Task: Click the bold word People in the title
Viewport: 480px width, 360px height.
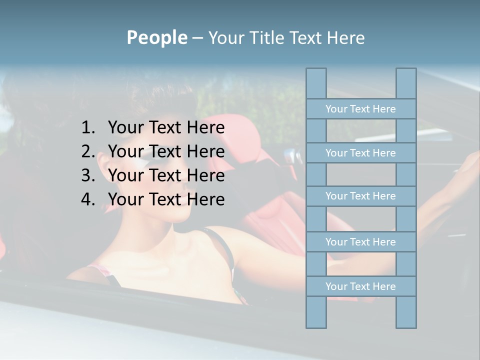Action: point(156,37)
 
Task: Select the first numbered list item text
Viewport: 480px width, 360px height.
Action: point(166,127)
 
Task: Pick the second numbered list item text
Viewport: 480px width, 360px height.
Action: point(166,151)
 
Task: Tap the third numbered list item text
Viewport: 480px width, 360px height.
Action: point(166,175)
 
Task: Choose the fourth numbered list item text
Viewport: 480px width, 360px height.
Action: point(166,199)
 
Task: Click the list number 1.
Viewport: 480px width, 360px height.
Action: point(87,127)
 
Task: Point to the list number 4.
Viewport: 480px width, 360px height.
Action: point(87,199)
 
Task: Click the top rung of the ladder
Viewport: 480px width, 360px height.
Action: point(360,109)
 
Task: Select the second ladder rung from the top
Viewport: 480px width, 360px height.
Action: point(360,153)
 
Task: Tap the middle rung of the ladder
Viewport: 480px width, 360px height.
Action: point(360,196)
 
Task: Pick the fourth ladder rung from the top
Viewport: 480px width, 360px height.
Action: point(360,242)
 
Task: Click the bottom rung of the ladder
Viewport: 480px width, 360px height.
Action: point(360,286)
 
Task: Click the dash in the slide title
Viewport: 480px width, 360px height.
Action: point(197,38)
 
